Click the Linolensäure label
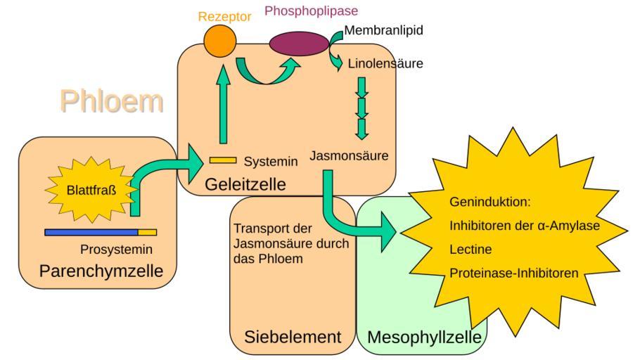(x=385, y=64)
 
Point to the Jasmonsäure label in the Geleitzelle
(x=349, y=155)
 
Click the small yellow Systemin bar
(x=223, y=160)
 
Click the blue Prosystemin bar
(x=91, y=232)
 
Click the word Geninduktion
(x=489, y=202)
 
